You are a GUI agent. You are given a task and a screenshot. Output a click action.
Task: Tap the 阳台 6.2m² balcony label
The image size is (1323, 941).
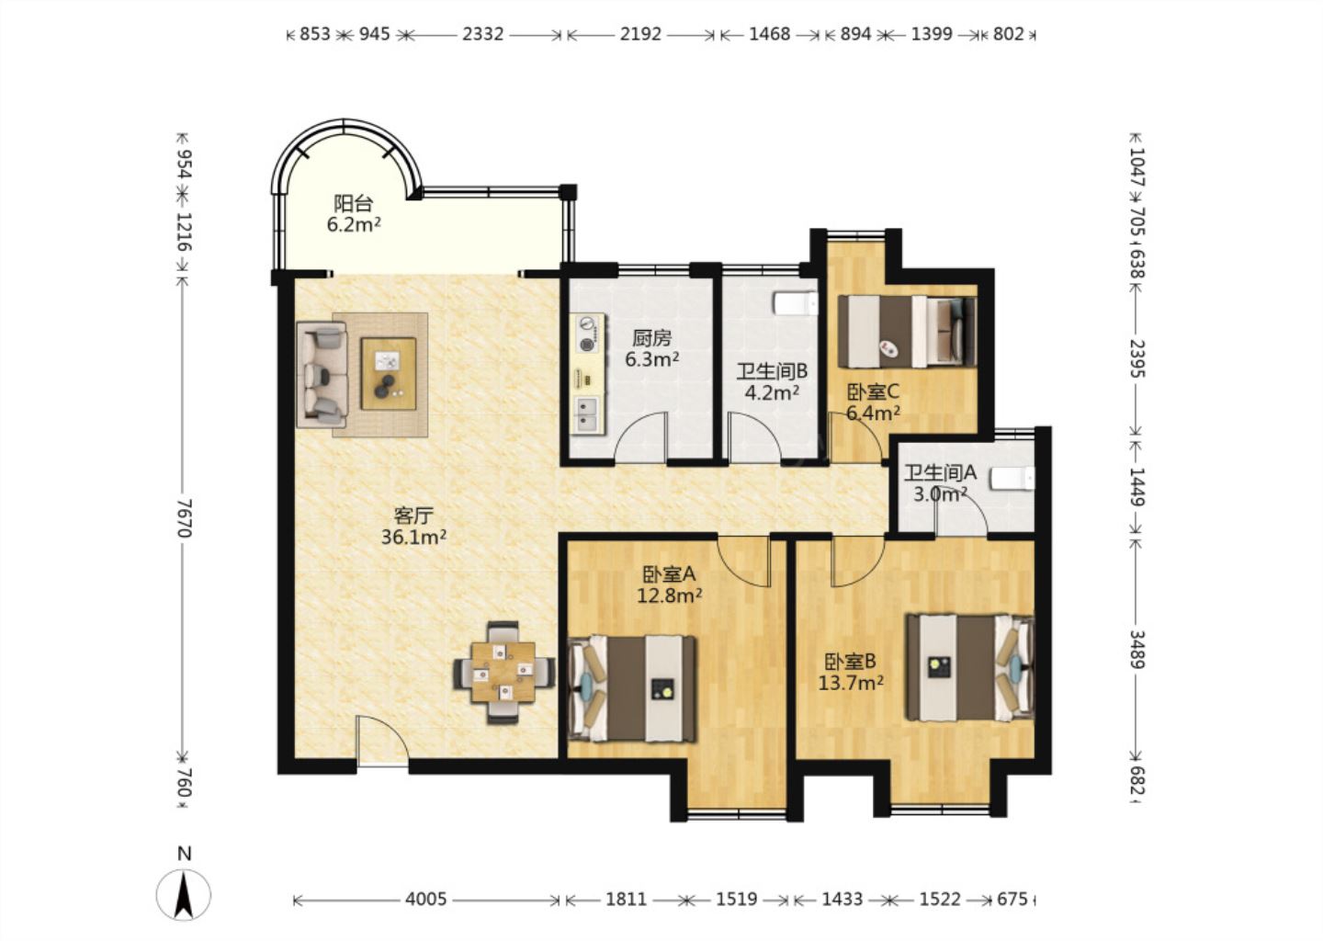click(353, 214)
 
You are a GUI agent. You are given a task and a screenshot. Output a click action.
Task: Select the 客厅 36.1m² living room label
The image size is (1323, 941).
click(413, 527)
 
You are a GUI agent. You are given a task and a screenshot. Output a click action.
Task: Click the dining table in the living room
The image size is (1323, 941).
click(503, 673)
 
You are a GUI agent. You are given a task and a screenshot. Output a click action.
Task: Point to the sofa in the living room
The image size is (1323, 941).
click(322, 375)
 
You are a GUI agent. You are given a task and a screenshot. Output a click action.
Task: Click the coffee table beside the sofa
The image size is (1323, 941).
click(389, 373)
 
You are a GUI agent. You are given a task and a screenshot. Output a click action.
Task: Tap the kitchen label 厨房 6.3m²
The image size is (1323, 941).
click(652, 348)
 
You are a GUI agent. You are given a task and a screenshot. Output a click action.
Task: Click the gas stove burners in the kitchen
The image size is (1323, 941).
click(586, 334)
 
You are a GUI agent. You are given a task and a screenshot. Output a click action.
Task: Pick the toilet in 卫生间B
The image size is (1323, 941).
click(796, 303)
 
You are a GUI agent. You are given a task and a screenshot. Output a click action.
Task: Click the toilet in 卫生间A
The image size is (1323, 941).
click(1012, 479)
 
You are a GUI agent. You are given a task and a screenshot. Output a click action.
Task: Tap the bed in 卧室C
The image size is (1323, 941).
click(907, 332)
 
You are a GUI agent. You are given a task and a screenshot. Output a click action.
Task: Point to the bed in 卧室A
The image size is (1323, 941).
click(631, 688)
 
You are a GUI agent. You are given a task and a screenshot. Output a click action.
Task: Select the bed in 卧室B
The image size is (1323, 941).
click(970, 667)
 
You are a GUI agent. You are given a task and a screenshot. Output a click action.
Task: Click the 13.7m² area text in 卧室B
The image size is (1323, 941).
click(851, 684)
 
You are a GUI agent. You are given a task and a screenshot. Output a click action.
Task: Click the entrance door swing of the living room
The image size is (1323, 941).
click(381, 742)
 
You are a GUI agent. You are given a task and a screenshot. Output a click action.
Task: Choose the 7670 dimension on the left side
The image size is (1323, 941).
click(185, 518)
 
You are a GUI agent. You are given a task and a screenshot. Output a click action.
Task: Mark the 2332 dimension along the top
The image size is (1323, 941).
click(483, 34)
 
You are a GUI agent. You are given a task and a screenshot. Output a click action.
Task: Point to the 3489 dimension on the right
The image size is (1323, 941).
click(1137, 649)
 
